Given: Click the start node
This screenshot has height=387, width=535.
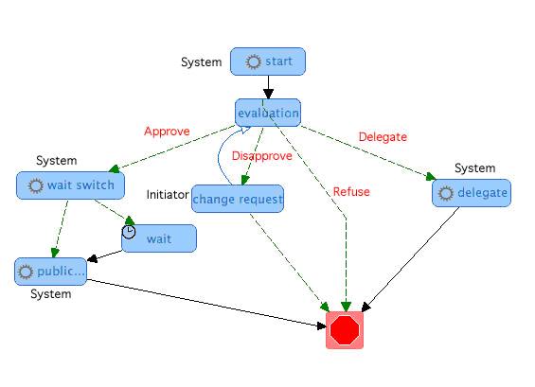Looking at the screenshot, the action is point(268,62).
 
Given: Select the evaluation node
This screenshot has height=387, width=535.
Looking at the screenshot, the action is point(268,113).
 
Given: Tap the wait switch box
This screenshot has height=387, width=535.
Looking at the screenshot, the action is point(70,185).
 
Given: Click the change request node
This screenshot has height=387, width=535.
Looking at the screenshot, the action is point(238,199).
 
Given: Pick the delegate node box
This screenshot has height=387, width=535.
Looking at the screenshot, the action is point(472,193).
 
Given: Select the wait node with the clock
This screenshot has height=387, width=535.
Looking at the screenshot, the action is point(159,238).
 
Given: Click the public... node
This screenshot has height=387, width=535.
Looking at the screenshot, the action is point(50,272).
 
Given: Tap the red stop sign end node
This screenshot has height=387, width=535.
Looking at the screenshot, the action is point(345,330).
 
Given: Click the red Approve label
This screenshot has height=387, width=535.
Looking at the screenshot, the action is point(167,132).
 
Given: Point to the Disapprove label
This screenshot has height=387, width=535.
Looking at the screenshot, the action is point(261,156).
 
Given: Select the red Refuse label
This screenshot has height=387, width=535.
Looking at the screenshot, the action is point(351,192).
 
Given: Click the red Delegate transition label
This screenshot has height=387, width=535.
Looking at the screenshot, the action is point(383,137).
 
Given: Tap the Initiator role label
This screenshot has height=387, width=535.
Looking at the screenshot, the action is point(168,195).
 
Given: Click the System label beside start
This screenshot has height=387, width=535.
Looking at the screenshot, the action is point(202,62).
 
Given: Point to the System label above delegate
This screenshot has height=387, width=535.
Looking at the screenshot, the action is point(475,167).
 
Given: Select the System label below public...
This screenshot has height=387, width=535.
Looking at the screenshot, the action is point(51,294).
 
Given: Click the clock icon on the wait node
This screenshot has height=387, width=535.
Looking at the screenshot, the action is point(129,232).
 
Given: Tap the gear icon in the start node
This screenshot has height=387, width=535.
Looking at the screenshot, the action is point(253,62).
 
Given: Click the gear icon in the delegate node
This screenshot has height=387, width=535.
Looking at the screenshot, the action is point(445,193).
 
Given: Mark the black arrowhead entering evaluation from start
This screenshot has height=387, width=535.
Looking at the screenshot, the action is point(268,94).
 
